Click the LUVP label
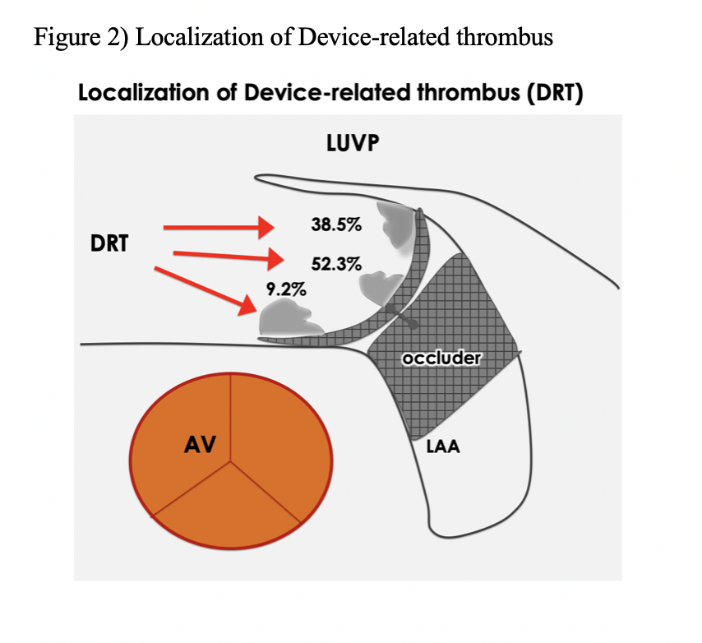point(352,145)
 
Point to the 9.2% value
point(286,289)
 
